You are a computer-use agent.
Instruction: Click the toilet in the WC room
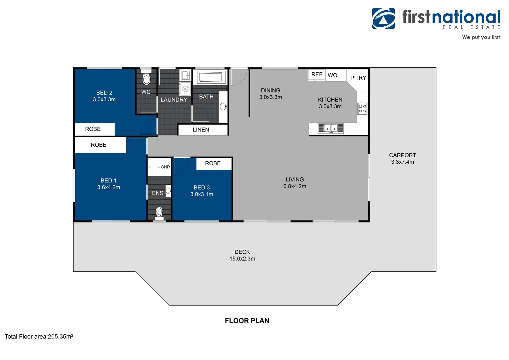tap(146, 78)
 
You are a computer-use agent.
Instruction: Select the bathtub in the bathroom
tap(210, 77)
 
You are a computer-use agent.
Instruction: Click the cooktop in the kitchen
tap(362, 108)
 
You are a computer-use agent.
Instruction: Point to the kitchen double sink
tap(330, 128)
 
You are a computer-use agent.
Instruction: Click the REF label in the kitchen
tap(316, 75)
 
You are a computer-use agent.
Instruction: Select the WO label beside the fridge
tap(332, 75)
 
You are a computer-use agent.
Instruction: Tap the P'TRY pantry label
tap(358, 78)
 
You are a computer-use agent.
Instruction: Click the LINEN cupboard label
tap(201, 130)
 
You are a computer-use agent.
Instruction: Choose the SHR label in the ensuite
tap(165, 167)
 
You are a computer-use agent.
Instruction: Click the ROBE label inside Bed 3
tap(213, 163)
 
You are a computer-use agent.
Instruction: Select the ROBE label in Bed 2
tap(93, 129)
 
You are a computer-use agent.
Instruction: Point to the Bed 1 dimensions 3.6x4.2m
tap(109, 187)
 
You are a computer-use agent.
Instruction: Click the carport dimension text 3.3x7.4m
tap(402, 162)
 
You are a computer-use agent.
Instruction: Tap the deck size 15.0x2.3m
tap(242, 259)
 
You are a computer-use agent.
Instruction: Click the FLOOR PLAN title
tap(247, 321)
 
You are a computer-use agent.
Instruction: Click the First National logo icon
tap(383, 18)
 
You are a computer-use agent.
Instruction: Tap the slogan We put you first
tap(481, 37)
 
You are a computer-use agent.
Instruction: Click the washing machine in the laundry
tap(185, 89)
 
